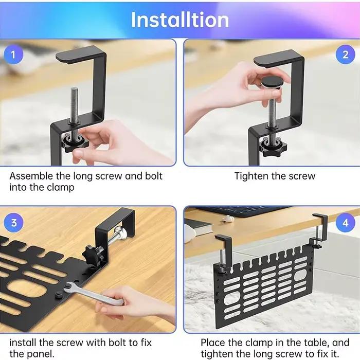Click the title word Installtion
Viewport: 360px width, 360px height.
(180, 20)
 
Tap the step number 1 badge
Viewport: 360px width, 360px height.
(13, 55)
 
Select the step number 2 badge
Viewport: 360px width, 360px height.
(345, 55)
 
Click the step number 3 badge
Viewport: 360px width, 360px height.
(14, 223)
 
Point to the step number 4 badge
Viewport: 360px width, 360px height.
(345, 223)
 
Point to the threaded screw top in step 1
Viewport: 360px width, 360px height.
(74, 90)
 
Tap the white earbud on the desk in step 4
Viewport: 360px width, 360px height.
(228, 219)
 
